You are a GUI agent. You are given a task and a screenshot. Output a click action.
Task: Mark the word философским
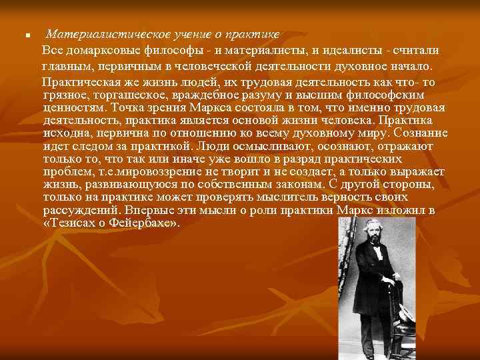point(397,95)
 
